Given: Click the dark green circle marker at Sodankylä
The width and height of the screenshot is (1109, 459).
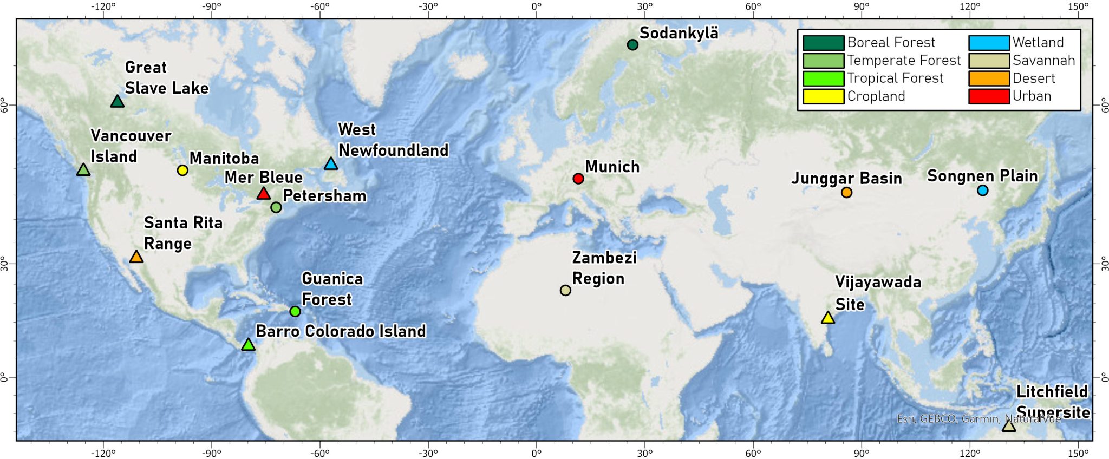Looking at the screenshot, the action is tap(632, 44).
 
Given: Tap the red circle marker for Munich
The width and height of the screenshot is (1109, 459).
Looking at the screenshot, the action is tap(578, 179).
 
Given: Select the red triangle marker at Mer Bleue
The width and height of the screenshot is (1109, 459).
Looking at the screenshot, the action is tap(263, 193).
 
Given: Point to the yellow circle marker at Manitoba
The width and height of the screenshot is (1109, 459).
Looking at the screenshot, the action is tap(182, 170).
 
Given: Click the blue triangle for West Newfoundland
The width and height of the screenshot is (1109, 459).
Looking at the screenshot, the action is tap(331, 163).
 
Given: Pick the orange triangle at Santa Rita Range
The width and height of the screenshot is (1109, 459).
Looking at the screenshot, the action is tap(136, 257).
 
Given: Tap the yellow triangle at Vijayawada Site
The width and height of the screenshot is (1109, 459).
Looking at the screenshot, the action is tap(827, 318).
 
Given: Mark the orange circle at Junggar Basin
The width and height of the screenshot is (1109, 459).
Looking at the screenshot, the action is tap(847, 192).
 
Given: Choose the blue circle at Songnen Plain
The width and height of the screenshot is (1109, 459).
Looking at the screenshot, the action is tap(983, 190).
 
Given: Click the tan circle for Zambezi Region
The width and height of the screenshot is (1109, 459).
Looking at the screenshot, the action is tap(565, 290).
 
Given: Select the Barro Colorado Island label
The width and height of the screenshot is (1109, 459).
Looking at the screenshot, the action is tap(341, 331).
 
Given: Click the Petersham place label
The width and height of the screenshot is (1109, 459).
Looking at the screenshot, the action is tap(324, 195).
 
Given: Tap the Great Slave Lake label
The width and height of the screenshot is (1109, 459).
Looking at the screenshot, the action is tap(166, 77).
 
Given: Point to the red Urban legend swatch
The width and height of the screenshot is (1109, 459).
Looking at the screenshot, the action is tap(989, 96).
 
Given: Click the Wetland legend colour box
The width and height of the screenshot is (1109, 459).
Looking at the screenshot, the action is tap(989, 43).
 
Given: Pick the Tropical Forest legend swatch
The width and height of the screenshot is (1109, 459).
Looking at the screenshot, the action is tap(823, 78).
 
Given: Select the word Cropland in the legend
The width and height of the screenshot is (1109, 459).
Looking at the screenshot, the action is tap(876, 96).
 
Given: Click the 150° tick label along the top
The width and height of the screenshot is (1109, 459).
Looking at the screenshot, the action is tap(1078, 6).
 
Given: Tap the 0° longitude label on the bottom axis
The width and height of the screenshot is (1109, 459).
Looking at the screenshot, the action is tap(537, 453).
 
